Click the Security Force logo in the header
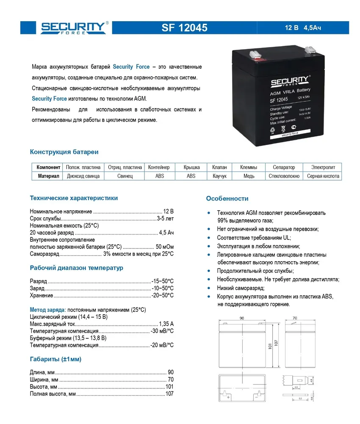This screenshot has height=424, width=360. (74, 28)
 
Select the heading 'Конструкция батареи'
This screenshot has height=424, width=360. (64, 152)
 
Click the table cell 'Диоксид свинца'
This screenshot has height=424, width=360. (83, 176)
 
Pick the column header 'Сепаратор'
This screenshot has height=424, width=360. (284, 167)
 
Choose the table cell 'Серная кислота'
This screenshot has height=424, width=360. (323, 176)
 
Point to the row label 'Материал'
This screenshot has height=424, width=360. (48, 176)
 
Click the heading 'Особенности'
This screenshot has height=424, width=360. (227, 198)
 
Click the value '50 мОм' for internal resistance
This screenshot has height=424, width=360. (164, 246)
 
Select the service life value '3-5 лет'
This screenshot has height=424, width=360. (165, 218)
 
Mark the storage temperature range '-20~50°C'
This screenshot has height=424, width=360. (163, 295)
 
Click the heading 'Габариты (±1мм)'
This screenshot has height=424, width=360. (55, 359)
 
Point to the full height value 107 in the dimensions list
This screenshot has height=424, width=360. (169, 394)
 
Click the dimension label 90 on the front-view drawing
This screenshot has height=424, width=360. (242, 318)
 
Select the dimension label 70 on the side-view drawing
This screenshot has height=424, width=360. (295, 318)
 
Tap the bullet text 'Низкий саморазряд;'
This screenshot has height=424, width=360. (241, 288)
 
